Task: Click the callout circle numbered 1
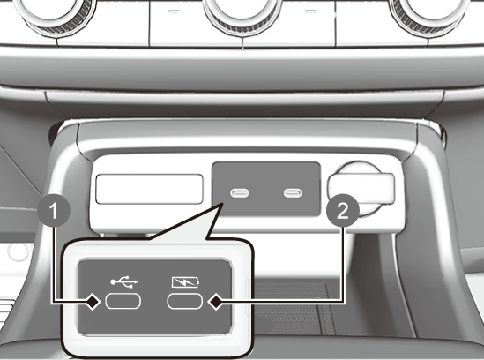pos(54,211)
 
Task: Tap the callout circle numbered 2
pos(343,211)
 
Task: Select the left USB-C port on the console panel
pos(240,193)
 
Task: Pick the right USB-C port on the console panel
pos(293,193)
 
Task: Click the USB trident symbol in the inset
pos(124,281)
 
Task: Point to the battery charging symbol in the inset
pos(185,281)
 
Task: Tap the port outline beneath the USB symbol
pos(123,302)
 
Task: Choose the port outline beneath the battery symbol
pos(184,302)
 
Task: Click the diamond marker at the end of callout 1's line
pos(93,302)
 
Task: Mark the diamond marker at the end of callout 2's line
pos(216,302)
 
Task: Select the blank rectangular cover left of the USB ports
pos(149,189)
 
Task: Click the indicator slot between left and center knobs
pos(174,11)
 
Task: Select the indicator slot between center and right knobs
pos(311,11)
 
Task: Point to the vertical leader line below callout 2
pos(343,264)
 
